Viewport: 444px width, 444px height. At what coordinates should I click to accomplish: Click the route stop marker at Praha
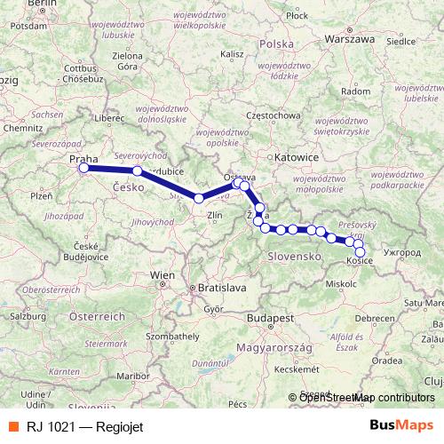tap(83, 168)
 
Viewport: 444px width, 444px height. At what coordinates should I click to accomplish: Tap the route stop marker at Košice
tap(360, 252)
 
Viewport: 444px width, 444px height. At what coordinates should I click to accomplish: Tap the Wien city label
tap(163, 275)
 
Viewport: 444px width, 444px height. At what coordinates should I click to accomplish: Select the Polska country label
tap(277, 44)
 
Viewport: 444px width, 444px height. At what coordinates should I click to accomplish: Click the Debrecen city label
tap(370, 317)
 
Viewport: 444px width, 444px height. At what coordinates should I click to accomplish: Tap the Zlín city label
tap(213, 215)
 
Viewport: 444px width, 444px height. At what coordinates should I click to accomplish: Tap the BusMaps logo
tap(402, 424)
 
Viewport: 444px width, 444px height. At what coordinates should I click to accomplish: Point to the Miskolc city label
tap(342, 283)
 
